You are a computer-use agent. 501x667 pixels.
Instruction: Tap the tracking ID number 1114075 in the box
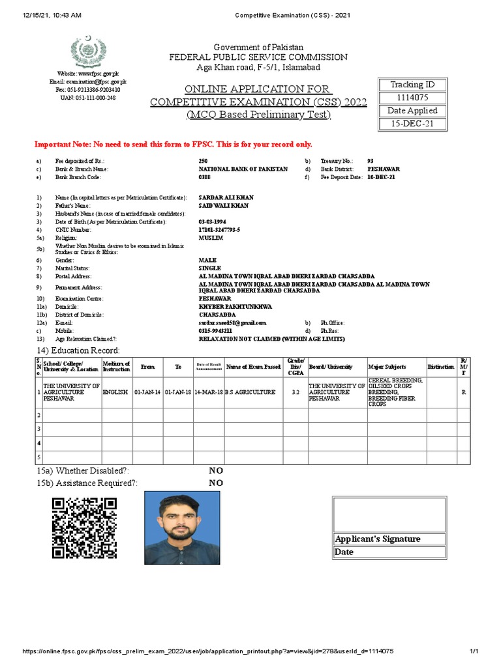pyautogui.click(x=412, y=98)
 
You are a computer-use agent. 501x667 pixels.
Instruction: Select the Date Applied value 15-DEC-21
pyautogui.click(x=412, y=124)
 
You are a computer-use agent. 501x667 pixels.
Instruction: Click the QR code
pyautogui.click(x=84, y=528)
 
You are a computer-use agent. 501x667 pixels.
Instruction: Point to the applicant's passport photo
pyautogui.click(x=182, y=528)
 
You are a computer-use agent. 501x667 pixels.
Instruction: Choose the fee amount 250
pyautogui.click(x=204, y=160)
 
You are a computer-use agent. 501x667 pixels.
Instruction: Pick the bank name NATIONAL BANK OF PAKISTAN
pyautogui.click(x=243, y=169)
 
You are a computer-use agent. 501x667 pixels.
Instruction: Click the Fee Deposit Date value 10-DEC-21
pyautogui.click(x=381, y=177)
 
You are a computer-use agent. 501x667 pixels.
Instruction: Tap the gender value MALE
pyautogui.click(x=207, y=260)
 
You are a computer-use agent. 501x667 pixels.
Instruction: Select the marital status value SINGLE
pyautogui.click(x=209, y=268)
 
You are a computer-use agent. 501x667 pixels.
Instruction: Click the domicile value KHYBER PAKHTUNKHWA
pyautogui.click(x=235, y=306)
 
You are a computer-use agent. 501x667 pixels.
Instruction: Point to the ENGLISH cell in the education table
pyautogui.click(x=116, y=392)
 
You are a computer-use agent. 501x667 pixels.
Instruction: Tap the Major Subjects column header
pyautogui.click(x=387, y=367)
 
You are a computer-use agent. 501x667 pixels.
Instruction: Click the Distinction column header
pyautogui.click(x=441, y=367)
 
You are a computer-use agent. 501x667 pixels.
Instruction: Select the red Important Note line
pyautogui.click(x=173, y=144)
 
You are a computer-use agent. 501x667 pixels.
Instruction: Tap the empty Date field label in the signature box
pyautogui.click(x=344, y=552)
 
